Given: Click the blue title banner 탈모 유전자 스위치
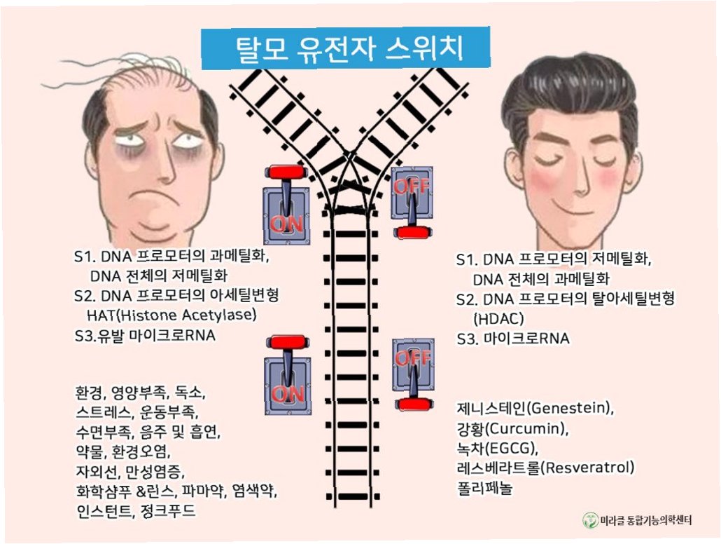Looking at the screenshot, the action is click(346, 48).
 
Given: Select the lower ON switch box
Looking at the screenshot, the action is click(288, 385).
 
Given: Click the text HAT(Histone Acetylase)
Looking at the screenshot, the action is click(171, 315).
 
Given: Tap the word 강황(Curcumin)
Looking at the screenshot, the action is click(512, 428).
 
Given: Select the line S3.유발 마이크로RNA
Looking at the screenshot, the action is click(144, 335).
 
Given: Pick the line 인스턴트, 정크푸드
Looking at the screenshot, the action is click(136, 511).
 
